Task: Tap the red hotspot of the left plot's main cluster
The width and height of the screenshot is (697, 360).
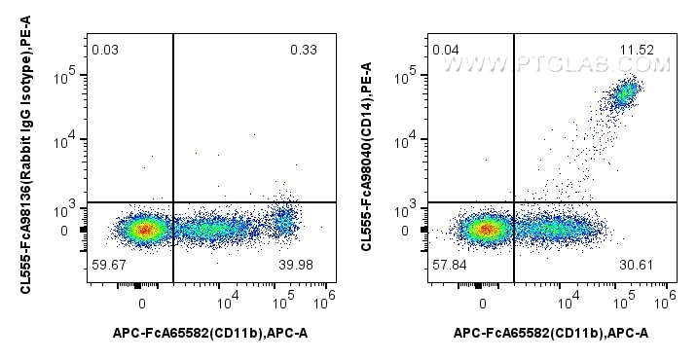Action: [144, 231]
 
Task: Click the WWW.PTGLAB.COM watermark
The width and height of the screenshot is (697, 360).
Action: [557, 65]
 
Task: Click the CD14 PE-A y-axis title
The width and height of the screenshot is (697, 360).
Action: [366, 156]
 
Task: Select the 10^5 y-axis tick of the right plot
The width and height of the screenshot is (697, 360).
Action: [412, 74]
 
